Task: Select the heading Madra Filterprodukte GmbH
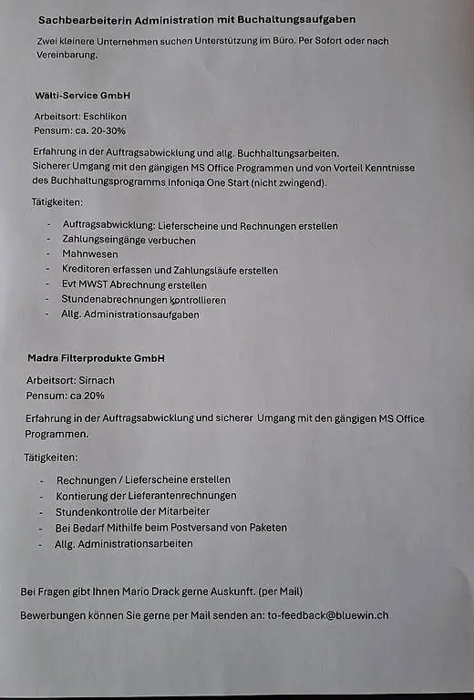pyautogui.click(x=96, y=359)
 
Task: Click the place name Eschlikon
pyautogui.click(x=104, y=117)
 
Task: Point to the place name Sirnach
pyautogui.click(x=98, y=380)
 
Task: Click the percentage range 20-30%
pyautogui.click(x=104, y=131)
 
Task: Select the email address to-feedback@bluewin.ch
pyautogui.click(x=328, y=615)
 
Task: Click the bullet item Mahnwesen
pyautogui.click(x=90, y=255)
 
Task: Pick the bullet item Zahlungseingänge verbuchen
pyautogui.click(x=129, y=241)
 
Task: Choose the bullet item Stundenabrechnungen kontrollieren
pyautogui.click(x=143, y=299)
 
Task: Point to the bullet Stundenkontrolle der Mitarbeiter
pyautogui.click(x=133, y=511)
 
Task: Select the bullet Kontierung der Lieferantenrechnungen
pyautogui.click(x=146, y=496)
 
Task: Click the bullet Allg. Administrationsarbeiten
pyautogui.click(x=124, y=543)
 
